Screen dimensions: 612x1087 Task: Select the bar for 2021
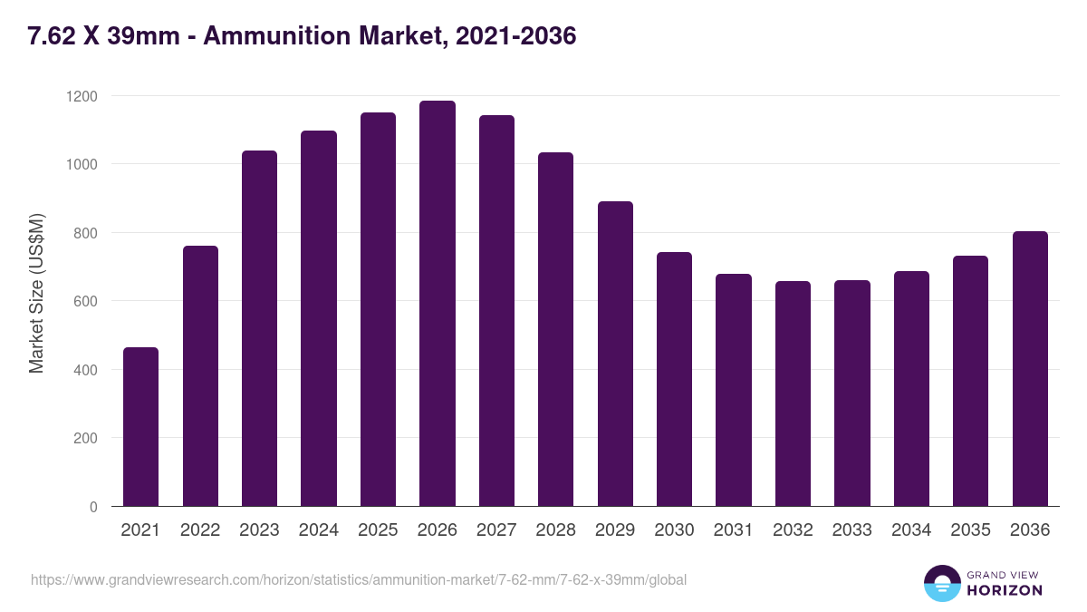(x=140, y=427)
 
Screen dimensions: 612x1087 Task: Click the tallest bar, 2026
(x=438, y=304)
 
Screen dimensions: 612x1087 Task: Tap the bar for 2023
(x=259, y=328)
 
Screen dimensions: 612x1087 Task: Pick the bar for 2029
(x=615, y=354)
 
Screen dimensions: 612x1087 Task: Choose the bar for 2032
(x=794, y=393)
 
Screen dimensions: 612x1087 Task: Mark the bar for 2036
(x=1030, y=369)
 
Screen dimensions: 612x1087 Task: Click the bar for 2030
(x=674, y=379)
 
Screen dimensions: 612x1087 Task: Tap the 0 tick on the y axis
(x=93, y=507)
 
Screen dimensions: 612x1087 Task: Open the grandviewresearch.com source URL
(x=359, y=579)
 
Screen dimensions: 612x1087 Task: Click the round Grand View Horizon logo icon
(x=941, y=583)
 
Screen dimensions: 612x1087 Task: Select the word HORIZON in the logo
(x=1005, y=590)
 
